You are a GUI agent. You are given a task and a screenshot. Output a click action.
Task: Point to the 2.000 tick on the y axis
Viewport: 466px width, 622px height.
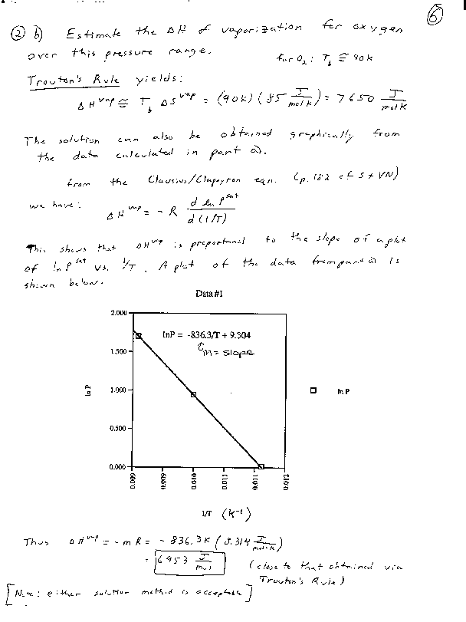[117, 313]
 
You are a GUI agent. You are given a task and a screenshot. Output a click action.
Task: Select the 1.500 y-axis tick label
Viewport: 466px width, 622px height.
[117, 351]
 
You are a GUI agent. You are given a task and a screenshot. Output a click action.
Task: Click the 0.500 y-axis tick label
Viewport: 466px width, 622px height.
[117, 428]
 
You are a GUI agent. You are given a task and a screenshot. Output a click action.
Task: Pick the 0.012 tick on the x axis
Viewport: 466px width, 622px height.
[285, 479]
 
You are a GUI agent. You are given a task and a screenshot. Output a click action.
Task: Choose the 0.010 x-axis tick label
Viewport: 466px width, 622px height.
[194, 479]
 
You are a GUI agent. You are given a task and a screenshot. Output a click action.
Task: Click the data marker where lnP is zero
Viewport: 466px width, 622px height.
[261, 466]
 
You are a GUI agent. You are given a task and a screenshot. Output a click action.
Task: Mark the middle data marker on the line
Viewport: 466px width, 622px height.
[194, 394]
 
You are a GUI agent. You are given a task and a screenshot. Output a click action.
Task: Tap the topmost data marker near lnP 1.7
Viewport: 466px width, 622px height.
[139, 336]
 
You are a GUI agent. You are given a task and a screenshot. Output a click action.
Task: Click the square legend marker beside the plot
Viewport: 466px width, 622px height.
[313, 390]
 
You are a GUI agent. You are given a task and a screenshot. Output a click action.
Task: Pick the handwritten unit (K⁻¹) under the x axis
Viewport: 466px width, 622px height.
[237, 513]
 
